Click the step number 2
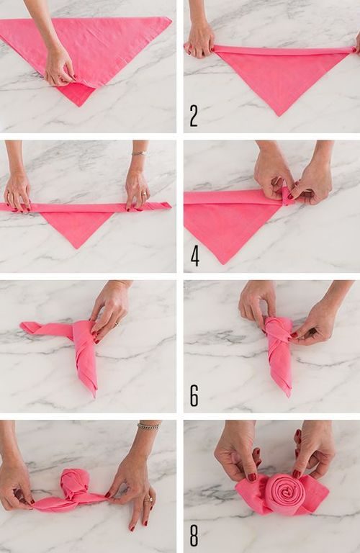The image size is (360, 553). tap(194, 116)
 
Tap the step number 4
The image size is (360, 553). tap(195, 256)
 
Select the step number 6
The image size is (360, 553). tap(194, 396)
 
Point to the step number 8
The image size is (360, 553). tap(194, 536)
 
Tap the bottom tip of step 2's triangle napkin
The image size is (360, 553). tap(279, 116)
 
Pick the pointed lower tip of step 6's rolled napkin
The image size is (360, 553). tap(290, 396)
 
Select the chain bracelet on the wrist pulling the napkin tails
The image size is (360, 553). tap(148, 426)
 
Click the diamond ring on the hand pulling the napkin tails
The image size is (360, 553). tap(148, 500)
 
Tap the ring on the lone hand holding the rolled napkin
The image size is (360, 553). tap(116, 323)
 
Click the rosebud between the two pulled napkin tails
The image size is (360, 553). tap(71, 484)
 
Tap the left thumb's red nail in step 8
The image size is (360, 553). tap(252, 477)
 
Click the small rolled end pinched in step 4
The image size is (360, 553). tap(287, 197)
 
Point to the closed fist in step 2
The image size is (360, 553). tap(200, 40)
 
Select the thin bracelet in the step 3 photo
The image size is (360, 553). tap(139, 153)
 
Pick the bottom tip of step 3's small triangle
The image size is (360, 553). tap(78, 248)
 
